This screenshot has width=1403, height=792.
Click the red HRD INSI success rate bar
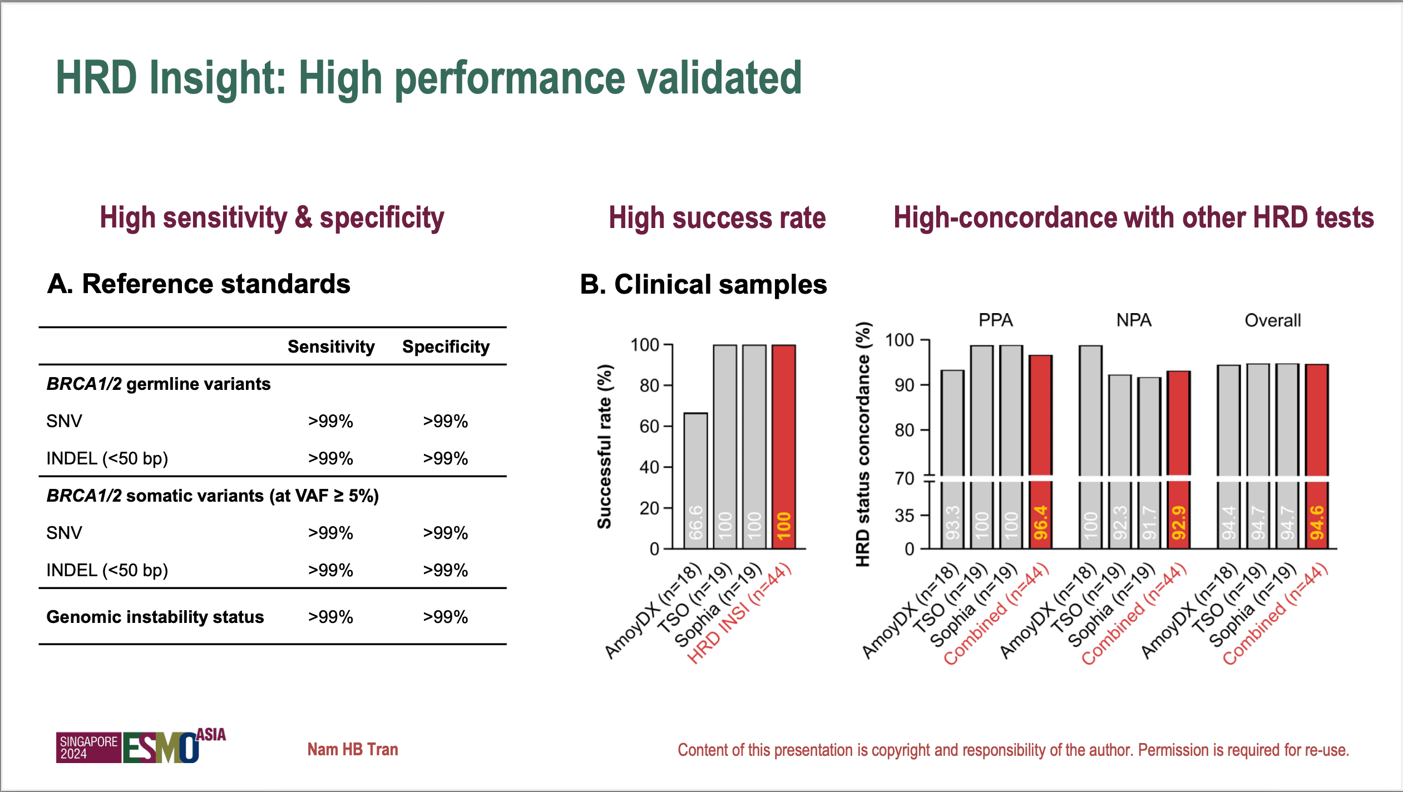783,445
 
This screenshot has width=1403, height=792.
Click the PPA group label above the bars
995,320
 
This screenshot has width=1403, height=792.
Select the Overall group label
1272,320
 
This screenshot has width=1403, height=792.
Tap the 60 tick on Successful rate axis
650,427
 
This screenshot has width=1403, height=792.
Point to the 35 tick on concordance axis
905,516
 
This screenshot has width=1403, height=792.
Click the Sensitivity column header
331,346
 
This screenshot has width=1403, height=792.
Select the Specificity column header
446,346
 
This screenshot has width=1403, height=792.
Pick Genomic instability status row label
155,617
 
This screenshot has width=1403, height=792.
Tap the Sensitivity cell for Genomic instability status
330,617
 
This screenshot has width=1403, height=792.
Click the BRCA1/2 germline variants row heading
159,384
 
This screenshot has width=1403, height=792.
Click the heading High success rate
717,217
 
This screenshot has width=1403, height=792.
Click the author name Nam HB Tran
353,749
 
